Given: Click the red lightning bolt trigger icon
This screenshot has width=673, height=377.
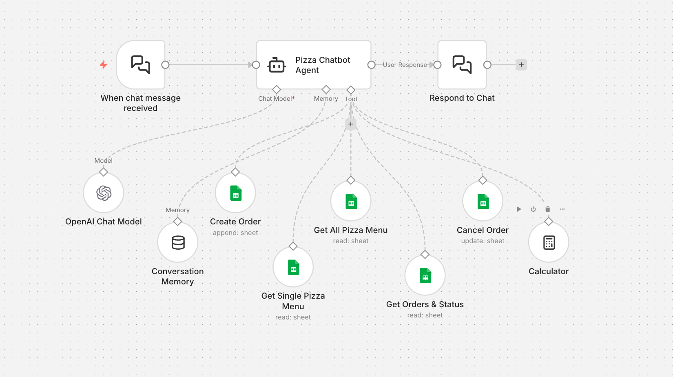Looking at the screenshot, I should pyautogui.click(x=104, y=65).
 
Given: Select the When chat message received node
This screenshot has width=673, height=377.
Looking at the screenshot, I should pyautogui.click(x=141, y=65).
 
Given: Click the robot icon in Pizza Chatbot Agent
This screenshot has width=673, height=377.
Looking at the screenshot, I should pyautogui.click(x=277, y=65).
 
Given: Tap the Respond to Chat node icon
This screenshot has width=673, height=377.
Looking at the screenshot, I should pyautogui.click(x=462, y=65).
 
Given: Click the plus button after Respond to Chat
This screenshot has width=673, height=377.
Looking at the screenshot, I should pyautogui.click(x=521, y=65).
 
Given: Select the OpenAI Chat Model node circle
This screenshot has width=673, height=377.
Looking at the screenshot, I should pyautogui.click(x=104, y=193).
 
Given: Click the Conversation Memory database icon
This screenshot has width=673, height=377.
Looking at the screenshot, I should pyautogui.click(x=178, y=242).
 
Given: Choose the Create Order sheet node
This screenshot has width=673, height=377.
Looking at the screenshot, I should pyautogui.click(x=235, y=193).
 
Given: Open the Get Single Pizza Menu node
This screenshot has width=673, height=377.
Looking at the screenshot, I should pyautogui.click(x=293, y=267).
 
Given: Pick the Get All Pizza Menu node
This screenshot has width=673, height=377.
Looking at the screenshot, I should pyautogui.click(x=351, y=201).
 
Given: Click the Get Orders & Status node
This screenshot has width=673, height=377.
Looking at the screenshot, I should pyautogui.click(x=425, y=275).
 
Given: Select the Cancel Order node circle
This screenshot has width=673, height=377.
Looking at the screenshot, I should pyautogui.click(x=483, y=201).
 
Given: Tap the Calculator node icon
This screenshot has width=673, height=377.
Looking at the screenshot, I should pyautogui.click(x=549, y=242).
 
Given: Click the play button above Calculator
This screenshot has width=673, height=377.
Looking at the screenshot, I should pyautogui.click(x=519, y=209).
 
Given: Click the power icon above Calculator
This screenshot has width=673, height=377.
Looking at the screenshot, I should pyautogui.click(x=533, y=209).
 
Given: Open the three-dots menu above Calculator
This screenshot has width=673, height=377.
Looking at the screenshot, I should pyautogui.click(x=562, y=209).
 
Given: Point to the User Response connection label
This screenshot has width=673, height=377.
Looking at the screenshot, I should pyautogui.click(x=405, y=65).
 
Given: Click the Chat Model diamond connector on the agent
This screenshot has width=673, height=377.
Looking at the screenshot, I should pyautogui.click(x=277, y=89).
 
